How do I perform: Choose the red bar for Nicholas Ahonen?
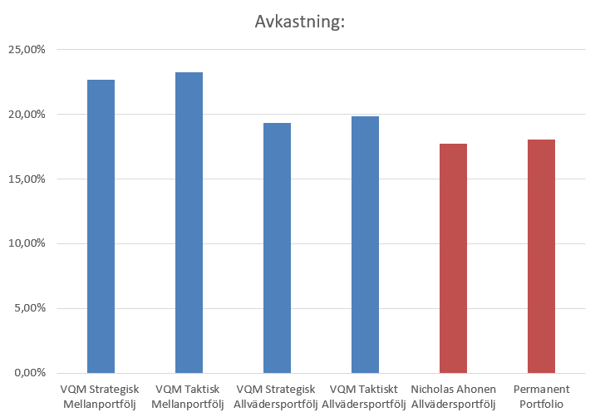pyautogui.click(x=453, y=258)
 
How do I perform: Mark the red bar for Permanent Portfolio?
pyautogui.click(x=541, y=256)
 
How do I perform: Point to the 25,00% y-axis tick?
pyautogui.click(x=27, y=49)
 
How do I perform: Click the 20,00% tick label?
pyautogui.click(x=27, y=114)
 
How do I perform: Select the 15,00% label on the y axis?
pyautogui.click(x=27, y=179)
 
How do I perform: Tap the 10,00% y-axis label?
pyautogui.click(x=27, y=243)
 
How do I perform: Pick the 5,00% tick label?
pyautogui.click(x=29, y=308)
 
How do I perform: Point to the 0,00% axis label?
pyautogui.click(x=29, y=373)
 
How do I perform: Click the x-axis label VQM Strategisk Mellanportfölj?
pyautogui.click(x=101, y=396)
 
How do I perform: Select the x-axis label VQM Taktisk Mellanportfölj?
pyautogui.click(x=189, y=396)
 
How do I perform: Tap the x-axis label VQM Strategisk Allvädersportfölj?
pyautogui.click(x=277, y=396)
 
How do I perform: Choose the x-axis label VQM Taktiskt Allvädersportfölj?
pyautogui.click(x=365, y=396)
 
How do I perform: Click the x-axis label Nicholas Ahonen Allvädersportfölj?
pyautogui.click(x=453, y=396)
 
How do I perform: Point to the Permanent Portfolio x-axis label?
pyautogui.click(x=541, y=396)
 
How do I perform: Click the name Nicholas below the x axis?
pyautogui.click(x=433, y=389)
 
